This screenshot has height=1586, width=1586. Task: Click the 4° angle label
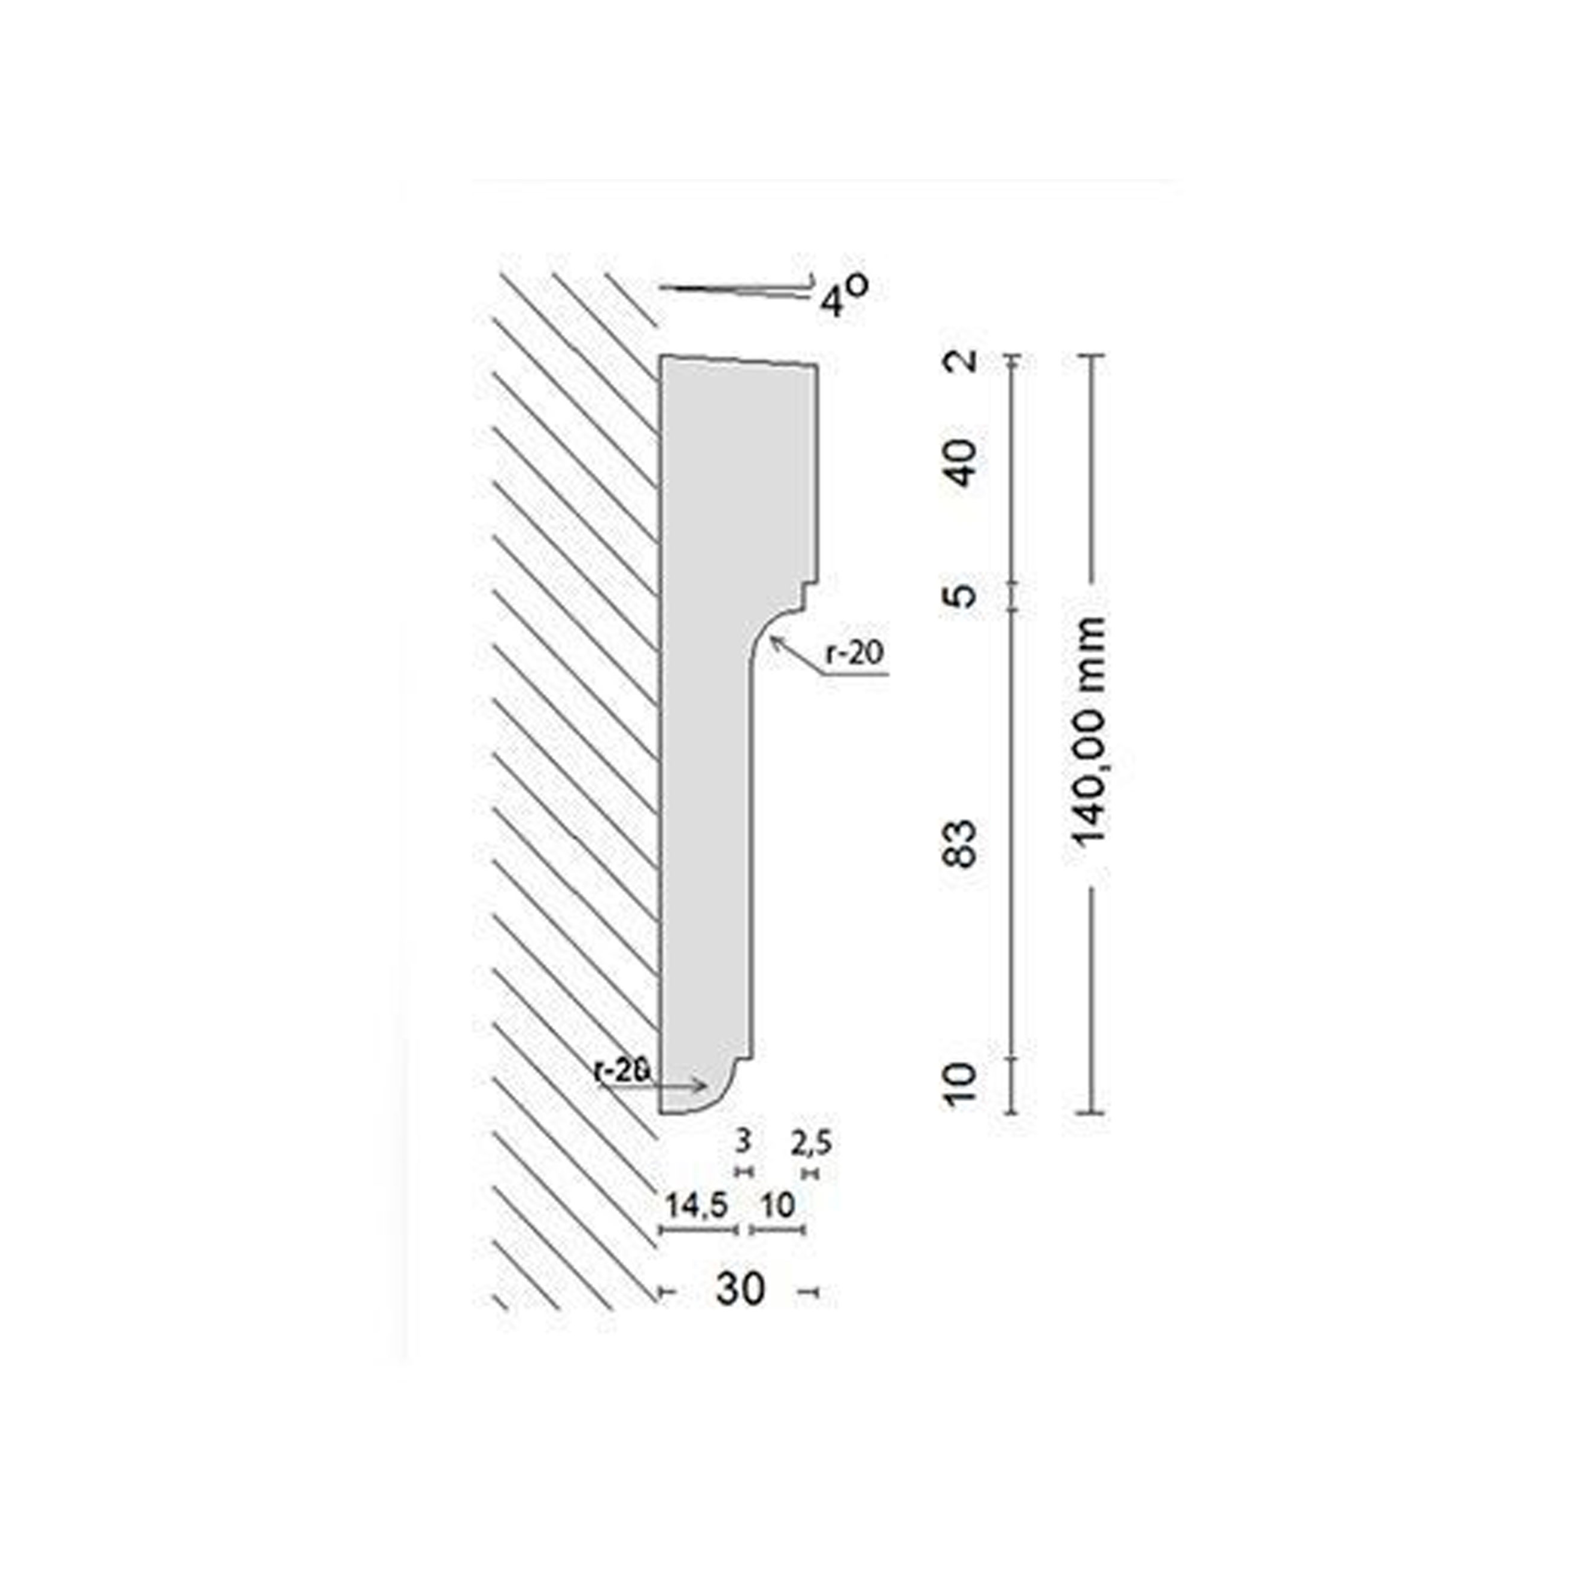coord(843,296)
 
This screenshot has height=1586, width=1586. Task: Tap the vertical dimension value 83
coord(962,843)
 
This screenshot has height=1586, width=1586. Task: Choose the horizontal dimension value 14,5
coord(696,1205)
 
